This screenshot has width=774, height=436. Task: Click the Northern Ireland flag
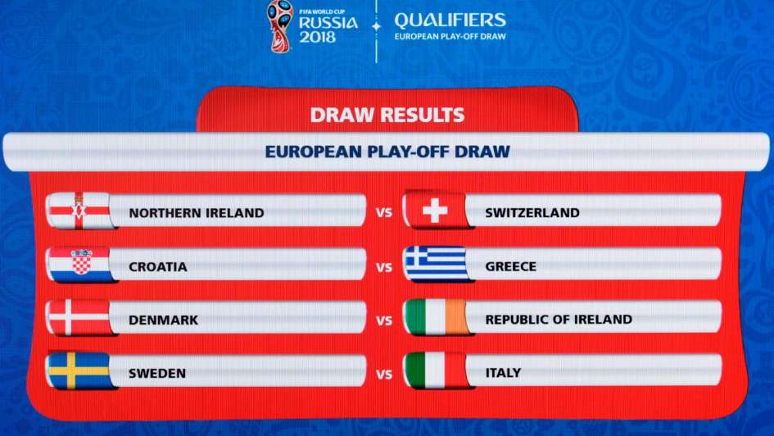click(79, 211)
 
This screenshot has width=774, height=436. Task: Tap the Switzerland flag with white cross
click(436, 211)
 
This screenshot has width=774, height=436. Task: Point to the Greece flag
click(436, 264)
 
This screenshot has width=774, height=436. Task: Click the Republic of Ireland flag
click(436, 317)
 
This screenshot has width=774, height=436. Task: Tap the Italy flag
click(436, 370)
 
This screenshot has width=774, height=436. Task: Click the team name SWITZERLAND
click(532, 213)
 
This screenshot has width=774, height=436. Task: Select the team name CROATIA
click(158, 266)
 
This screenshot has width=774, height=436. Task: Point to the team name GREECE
click(510, 266)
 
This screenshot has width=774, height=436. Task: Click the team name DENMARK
click(163, 320)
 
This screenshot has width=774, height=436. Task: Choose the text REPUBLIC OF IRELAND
click(559, 320)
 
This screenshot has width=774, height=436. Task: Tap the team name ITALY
click(503, 373)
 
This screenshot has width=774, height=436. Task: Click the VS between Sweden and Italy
click(384, 375)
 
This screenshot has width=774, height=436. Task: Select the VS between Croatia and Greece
click(384, 268)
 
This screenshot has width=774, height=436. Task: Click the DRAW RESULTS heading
click(387, 115)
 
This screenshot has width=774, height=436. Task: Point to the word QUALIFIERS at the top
click(450, 20)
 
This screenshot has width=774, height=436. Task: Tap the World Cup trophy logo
click(280, 25)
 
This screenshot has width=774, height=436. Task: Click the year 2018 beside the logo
click(317, 37)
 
